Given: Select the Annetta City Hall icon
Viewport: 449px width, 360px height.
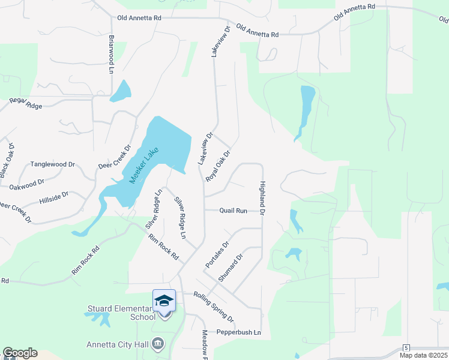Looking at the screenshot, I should coord(158,344).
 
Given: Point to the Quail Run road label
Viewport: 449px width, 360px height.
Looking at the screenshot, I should coord(234,211).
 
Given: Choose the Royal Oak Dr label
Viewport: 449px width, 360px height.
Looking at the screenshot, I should coord(218,166).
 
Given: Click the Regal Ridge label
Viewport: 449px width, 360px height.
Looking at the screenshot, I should coord(26,106).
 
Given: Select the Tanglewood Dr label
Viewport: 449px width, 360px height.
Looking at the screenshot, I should coord(53,164).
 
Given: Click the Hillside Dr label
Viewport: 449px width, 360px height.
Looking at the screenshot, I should coord(54,198).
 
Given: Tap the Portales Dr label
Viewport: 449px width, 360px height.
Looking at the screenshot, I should coord(217,255).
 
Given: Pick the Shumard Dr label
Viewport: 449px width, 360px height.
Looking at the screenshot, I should coord(231,267).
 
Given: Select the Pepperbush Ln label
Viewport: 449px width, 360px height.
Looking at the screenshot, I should coord(239,332).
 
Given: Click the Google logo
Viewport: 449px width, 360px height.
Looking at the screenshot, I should coord(20,353).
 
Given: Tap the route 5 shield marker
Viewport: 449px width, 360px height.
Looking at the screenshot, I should coord(406,348).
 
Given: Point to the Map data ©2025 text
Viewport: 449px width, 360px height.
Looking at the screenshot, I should coord(423,355).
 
